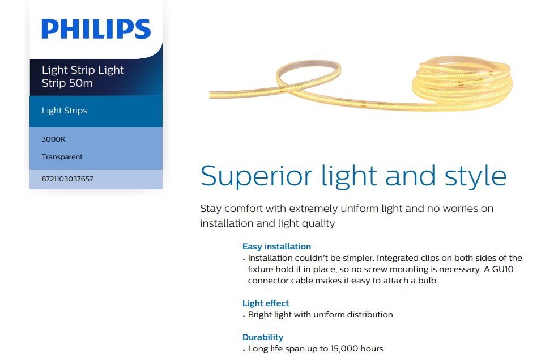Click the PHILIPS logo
pos(96,29)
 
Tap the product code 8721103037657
pos(67,179)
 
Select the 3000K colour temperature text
pos(53,139)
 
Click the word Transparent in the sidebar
pos(62,157)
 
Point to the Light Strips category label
pos(65,111)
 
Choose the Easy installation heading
pos(276,247)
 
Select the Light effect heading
pos(266,303)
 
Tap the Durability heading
pos(263,337)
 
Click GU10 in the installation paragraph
pos(503,269)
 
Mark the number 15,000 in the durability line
pos(344,349)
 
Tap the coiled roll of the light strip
pos(462,83)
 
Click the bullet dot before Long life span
pos(244,350)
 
